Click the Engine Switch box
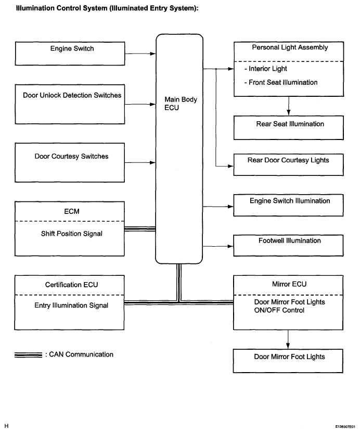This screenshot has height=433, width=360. point(71,54)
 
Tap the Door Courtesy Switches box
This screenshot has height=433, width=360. point(71,162)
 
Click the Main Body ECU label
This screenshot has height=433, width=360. point(181,104)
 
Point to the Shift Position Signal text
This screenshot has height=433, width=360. point(72,234)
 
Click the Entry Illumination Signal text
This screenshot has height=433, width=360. point(72,305)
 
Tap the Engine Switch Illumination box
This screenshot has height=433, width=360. point(289,206)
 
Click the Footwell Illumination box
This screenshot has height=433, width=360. point(289,245)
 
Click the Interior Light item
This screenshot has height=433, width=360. point(268,69)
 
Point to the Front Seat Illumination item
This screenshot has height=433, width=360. point(283,82)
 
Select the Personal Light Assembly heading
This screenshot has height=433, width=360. point(290,47)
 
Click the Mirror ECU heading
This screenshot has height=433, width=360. point(289,285)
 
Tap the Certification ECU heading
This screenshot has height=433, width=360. point(72,285)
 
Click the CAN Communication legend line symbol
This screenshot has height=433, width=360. point(29,355)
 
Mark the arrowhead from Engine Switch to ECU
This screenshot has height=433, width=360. point(153,53)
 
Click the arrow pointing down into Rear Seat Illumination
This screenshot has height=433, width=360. point(288,112)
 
